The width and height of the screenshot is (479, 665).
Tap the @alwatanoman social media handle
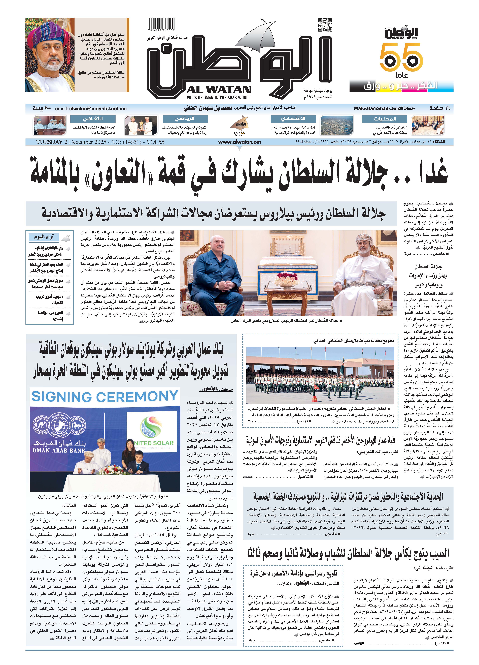371,108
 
